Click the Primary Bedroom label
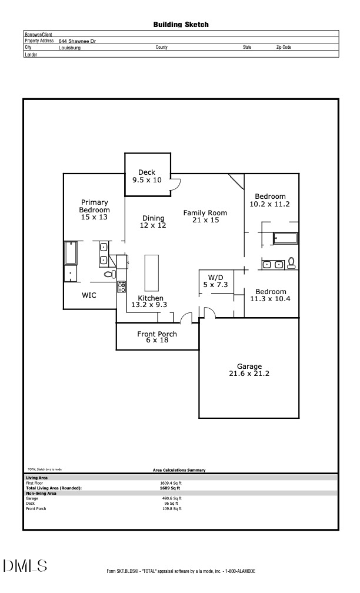pyautogui.click(x=95, y=209)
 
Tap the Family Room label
pyautogui.click(x=205, y=216)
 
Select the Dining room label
pyautogui.click(x=153, y=222)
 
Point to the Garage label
pyautogui.click(x=249, y=369)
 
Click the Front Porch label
pyautogui.click(x=157, y=337)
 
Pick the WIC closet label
pyautogui.click(x=89, y=295)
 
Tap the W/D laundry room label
pyautogui.click(x=215, y=281)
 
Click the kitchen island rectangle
pyautogui.click(x=152, y=272)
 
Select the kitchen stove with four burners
pyautogui.click(x=122, y=287)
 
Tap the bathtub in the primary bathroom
pyautogui.click(x=71, y=253)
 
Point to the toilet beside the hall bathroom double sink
pyautogui.click(x=291, y=264)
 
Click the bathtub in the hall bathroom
pyautogui.click(x=286, y=238)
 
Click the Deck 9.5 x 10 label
pyautogui.click(x=146, y=176)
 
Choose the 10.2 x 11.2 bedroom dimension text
pyautogui.click(x=269, y=204)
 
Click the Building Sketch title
pyautogui.click(x=181, y=25)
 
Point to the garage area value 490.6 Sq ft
pyautogui.click(x=172, y=498)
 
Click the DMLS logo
pyautogui.click(x=25, y=566)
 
